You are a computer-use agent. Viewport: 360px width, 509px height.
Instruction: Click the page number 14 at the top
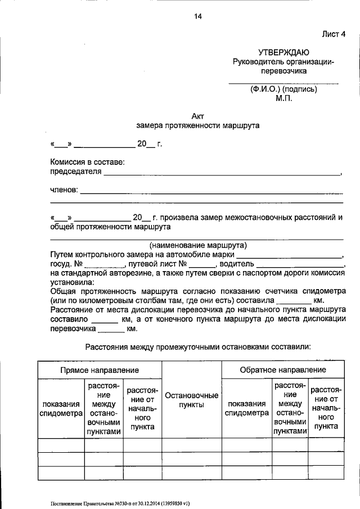tap(197, 16)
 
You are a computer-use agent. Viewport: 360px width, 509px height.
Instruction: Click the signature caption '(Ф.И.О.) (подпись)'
tap(284, 89)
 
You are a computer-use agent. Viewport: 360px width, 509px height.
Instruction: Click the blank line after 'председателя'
tap(222, 173)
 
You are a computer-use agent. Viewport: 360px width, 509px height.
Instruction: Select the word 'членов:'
tap(64, 191)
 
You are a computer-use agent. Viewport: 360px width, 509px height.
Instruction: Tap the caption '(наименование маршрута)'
tap(197, 245)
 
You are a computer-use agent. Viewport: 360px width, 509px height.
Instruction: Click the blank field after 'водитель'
tap(300, 264)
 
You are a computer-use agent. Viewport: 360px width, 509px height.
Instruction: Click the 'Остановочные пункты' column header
tap(191, 400)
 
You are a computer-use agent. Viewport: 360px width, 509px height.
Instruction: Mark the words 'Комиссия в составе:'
tap(87, 163)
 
